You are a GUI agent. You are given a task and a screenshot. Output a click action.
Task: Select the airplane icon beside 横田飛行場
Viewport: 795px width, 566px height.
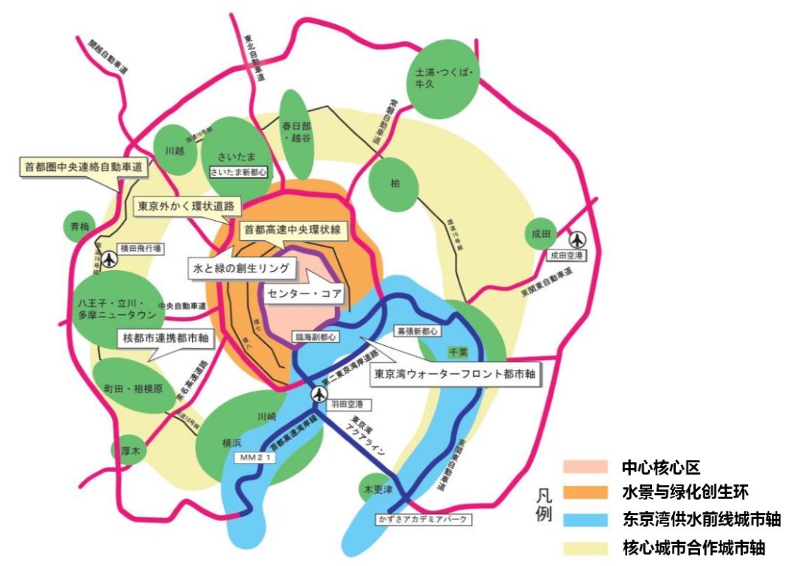(x=110, y=259)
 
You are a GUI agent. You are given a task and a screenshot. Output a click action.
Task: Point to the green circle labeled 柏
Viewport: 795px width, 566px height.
(x=395, y=184)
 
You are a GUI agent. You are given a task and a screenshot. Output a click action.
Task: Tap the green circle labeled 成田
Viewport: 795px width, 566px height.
(x=541, y=234)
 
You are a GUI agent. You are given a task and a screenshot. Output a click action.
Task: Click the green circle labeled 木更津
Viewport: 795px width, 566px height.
(x=376, y=489)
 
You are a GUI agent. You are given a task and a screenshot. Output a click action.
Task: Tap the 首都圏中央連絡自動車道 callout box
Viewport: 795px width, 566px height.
(x=82, y=166)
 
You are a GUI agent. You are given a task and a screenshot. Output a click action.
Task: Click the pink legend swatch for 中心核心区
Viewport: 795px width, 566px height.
(x=585, y=467)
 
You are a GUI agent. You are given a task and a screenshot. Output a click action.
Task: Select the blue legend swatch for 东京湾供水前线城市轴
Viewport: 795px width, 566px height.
(x=585, y=520)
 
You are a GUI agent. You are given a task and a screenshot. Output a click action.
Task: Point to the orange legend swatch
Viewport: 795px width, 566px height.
(x=585, y=493)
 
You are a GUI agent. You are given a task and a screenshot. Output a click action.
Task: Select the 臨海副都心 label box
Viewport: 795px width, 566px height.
(x=315, y=336)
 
